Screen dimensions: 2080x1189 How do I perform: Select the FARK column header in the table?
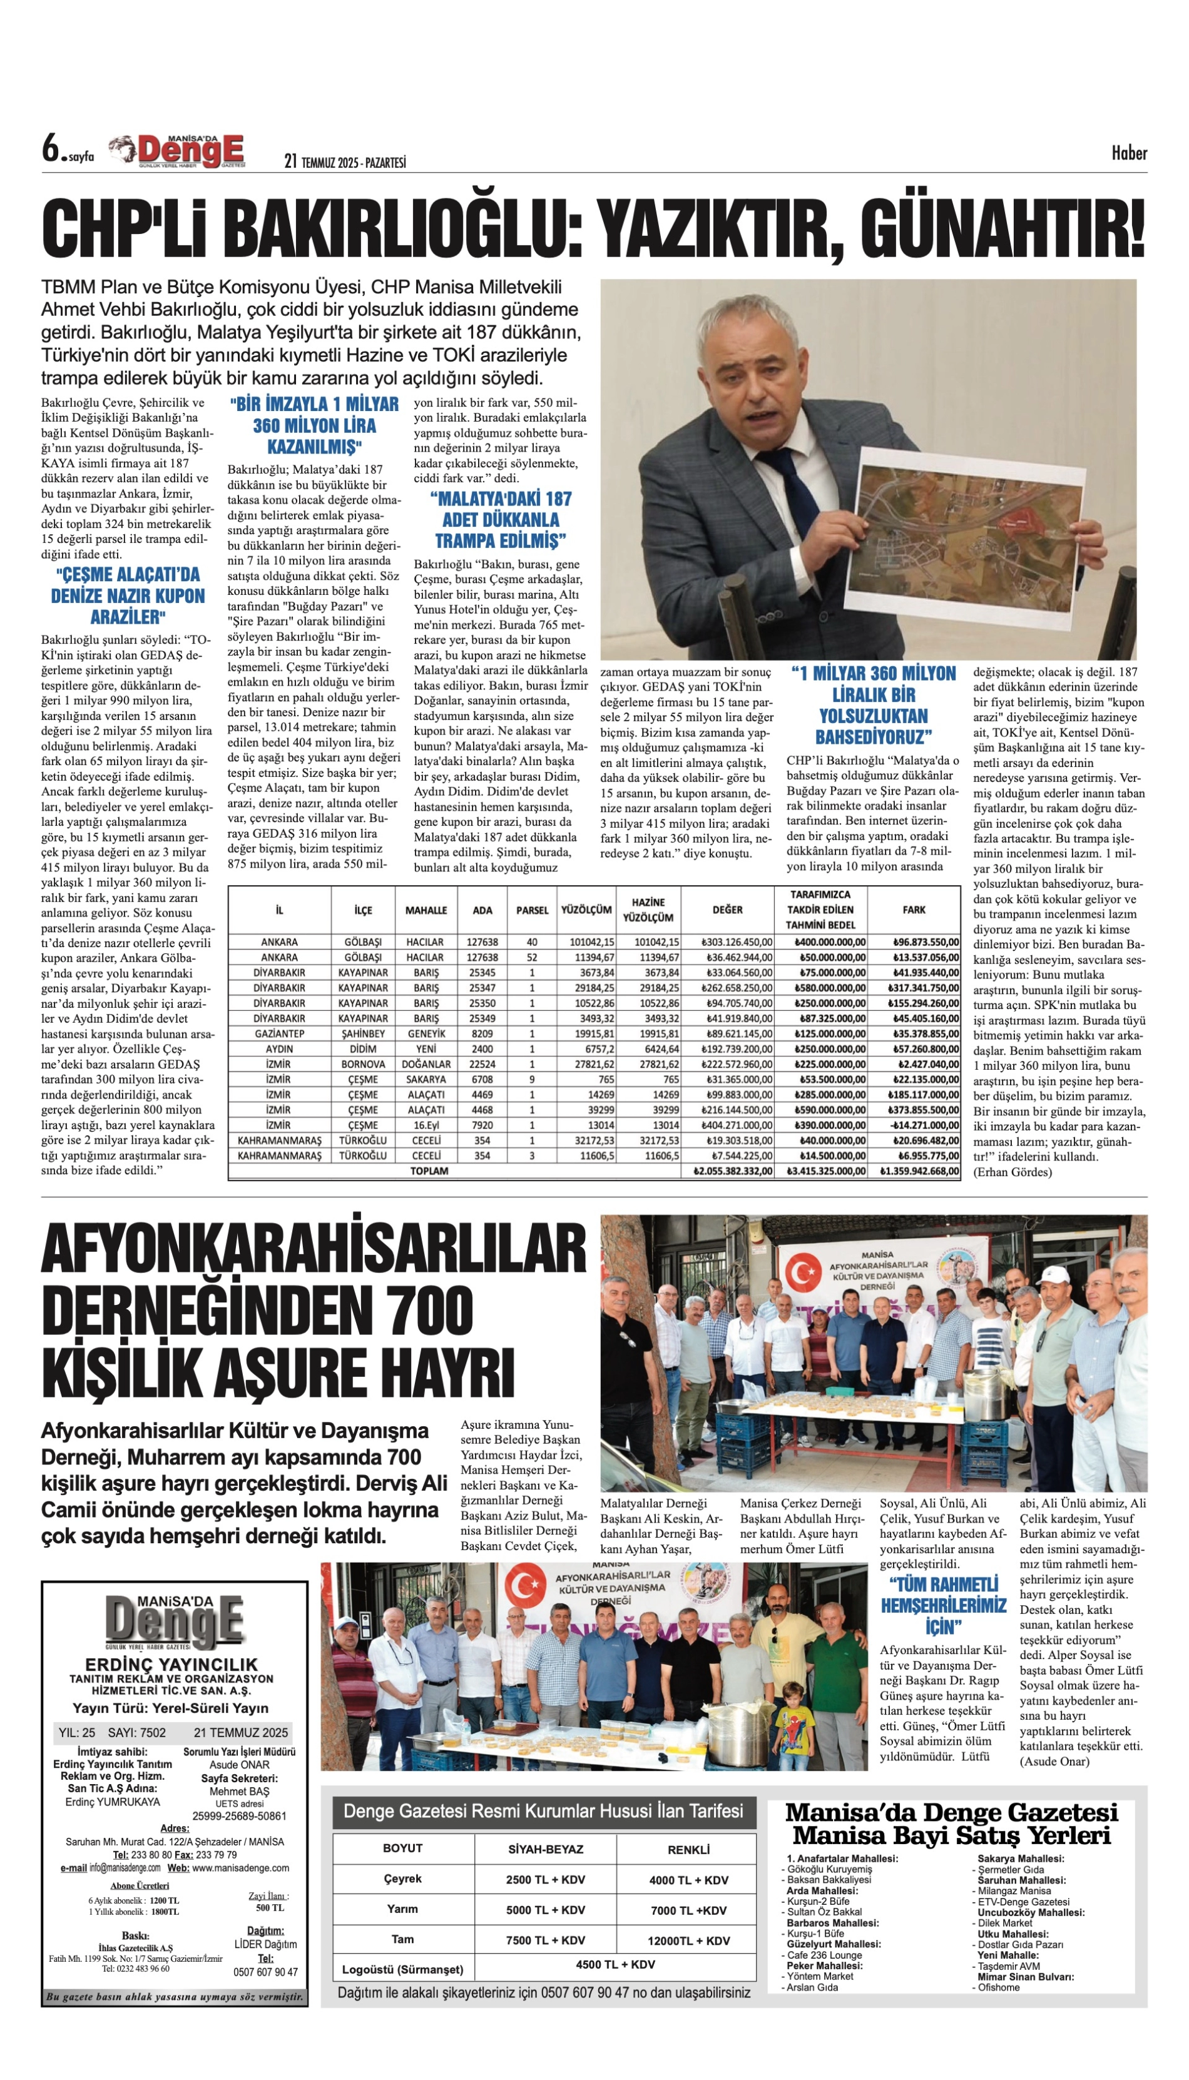pyautogui.click(x=914, y=910)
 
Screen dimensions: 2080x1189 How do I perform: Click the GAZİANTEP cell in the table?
pyautogui.click(x=279, y=1033)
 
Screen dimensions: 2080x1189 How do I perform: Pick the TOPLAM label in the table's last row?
pyautogui.click(x=429, y=1170)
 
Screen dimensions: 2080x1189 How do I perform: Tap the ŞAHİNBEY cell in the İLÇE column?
pyautogui.click(x=364, y=1033)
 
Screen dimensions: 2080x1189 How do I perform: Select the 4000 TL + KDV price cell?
pyautogui.click(x=688, y=1879)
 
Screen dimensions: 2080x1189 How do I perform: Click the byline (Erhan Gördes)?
pyautogui.click(x=1012, y=1172)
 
